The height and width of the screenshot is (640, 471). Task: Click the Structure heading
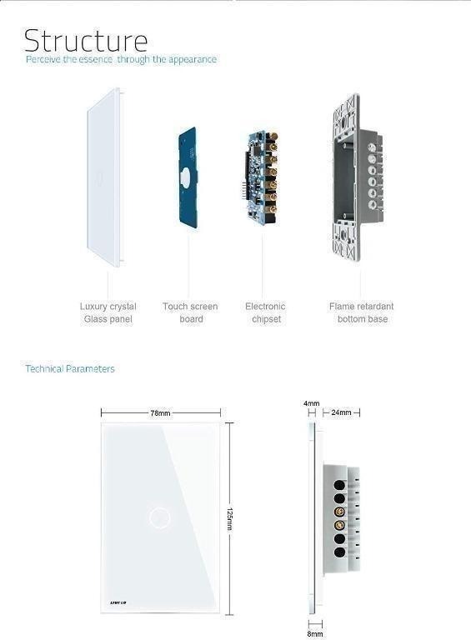[85, 40]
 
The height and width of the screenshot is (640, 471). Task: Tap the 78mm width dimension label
[160, 413]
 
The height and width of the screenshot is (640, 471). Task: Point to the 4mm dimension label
[312, 403]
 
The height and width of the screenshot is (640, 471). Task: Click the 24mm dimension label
[341, 412]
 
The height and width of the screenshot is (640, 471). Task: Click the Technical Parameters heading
[70, 368]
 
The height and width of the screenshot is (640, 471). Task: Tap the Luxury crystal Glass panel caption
[108, 312]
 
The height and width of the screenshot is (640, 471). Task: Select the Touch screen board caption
[190, 312]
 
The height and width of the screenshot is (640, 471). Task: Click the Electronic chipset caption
[265, 312]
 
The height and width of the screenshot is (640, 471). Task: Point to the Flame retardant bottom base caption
[362, 312]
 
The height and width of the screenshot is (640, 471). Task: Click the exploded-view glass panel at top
[104, 177]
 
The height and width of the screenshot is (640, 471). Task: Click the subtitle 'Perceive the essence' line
[121, 60]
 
